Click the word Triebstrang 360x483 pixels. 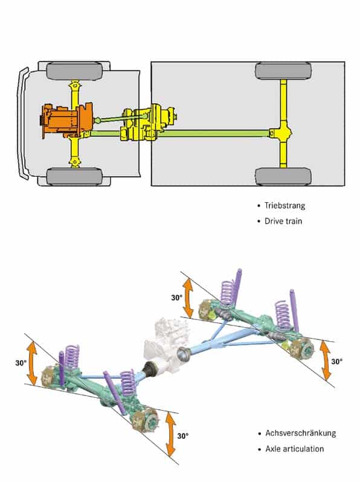284,205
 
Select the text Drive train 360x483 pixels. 283,221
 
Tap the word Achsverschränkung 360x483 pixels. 301,433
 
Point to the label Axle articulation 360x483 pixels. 295,449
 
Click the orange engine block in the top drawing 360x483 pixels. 66,121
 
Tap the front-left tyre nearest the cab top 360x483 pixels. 74,71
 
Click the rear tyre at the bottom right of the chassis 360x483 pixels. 283,176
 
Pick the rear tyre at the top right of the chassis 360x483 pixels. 283,71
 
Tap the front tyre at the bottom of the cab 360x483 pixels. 74,177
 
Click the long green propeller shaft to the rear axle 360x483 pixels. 214,133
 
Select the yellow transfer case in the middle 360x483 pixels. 148,124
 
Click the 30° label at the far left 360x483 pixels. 21,363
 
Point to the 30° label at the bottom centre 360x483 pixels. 183,436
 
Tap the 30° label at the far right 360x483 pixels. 337,361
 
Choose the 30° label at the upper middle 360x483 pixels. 177,298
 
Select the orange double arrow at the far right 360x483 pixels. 326,360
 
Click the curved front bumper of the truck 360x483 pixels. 22,123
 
